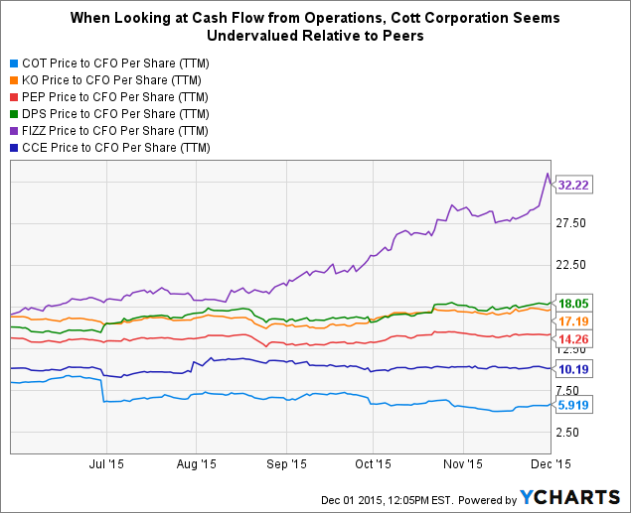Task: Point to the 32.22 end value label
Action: tap(577, 185)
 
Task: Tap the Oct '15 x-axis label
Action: tap(372, 462)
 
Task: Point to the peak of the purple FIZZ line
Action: tap(546, 175)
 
